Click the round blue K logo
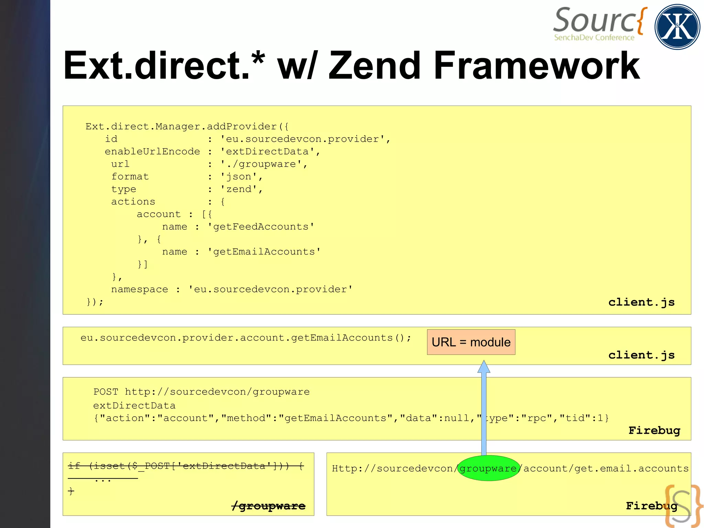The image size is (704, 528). tap(677, 27)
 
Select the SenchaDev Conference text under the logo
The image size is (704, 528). tap(594, 37)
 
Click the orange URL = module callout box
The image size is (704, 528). tap(471, 342)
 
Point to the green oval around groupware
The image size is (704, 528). tap(488, 468)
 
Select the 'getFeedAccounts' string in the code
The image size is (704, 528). tap(261, 227)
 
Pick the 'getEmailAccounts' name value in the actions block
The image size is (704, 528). tap(264, 252)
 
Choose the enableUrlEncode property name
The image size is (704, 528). tap(152, 152)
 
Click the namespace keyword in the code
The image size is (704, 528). tap(140, 289)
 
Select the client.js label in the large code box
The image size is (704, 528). tap(641, 302)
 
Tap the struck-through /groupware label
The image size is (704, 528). tap(268, 506)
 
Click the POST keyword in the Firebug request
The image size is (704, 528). tap(106, 392)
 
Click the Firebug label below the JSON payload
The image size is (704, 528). tap(654, 430)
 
